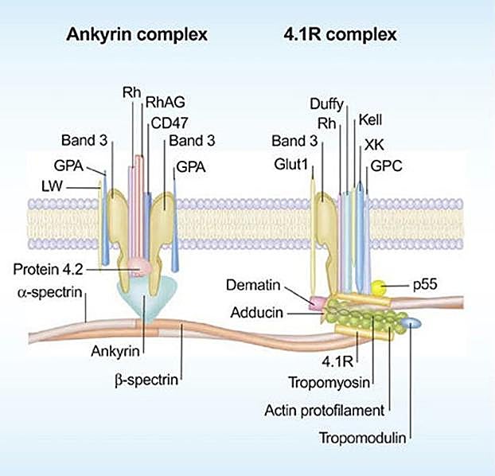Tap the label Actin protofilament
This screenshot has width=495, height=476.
[325, 411]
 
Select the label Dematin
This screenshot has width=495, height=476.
[257, 284]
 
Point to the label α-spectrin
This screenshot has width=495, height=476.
[49, 293]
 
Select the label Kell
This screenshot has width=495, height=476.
[372, 120]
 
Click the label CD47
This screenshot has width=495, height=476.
[164, 122]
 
